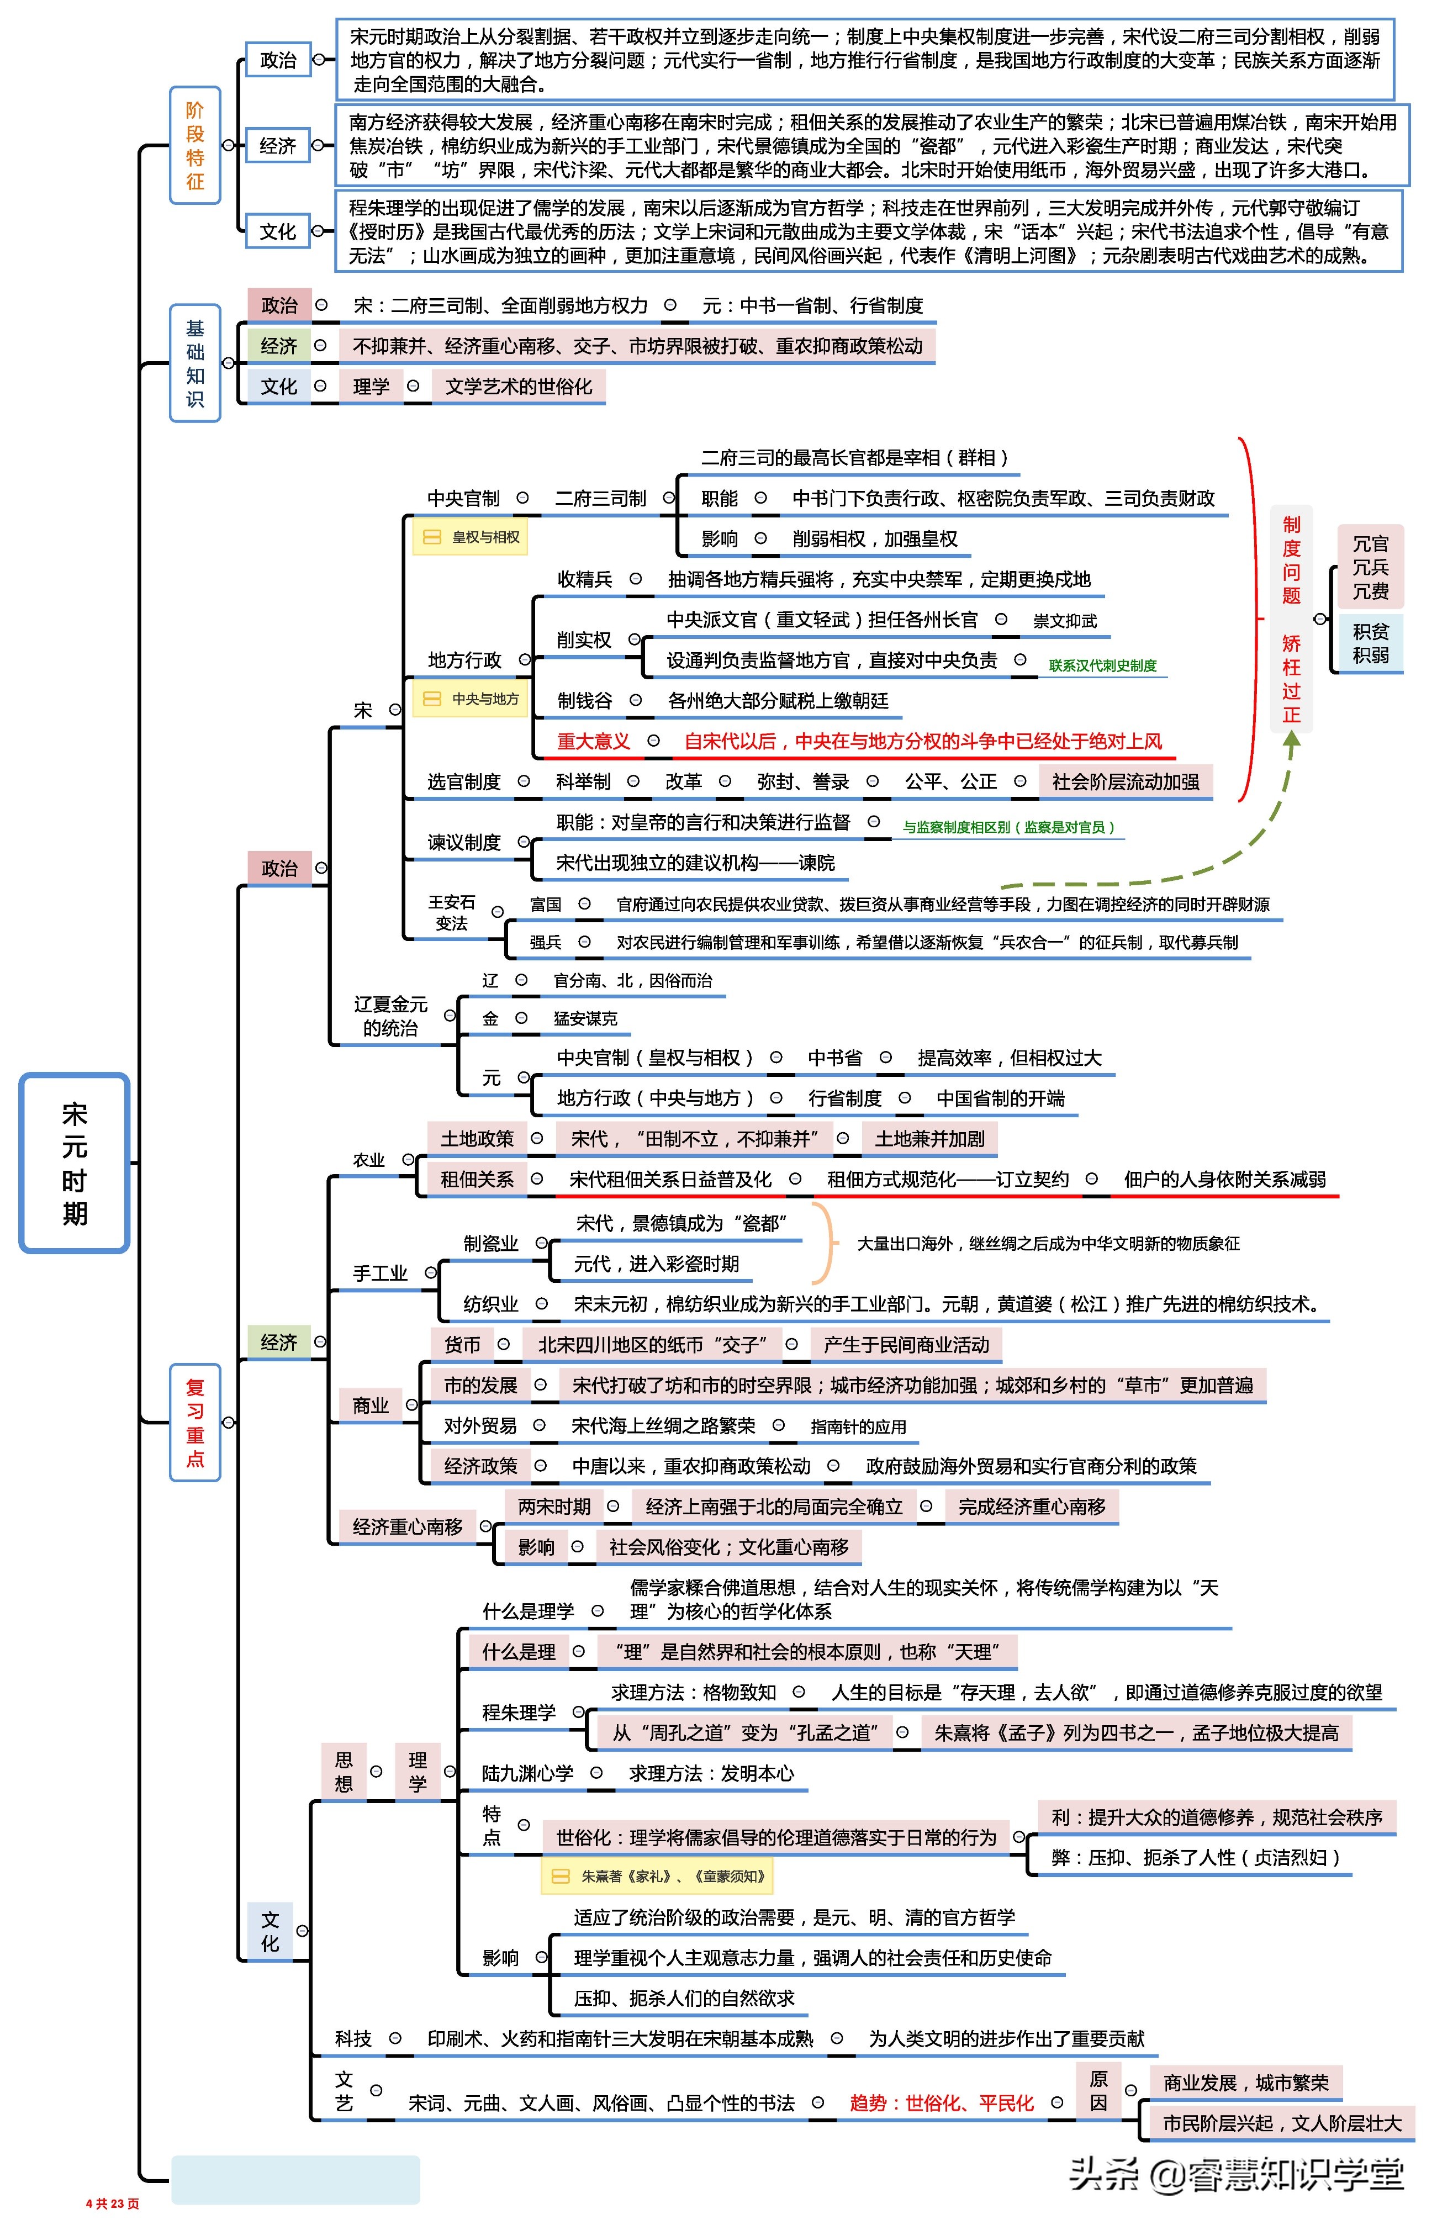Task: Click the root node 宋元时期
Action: tap(75, 1162)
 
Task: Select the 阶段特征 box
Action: tap(195, 146)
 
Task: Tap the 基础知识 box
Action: tap(195, 363)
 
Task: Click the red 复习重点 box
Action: tap(195, 1422)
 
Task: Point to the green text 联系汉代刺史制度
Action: tap(1102, 665)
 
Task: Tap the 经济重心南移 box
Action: tap(408, 1526)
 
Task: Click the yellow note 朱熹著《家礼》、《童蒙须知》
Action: tap(658, 1875)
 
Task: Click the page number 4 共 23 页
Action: tap(113, 2203)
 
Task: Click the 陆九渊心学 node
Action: tap(527, 1773)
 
